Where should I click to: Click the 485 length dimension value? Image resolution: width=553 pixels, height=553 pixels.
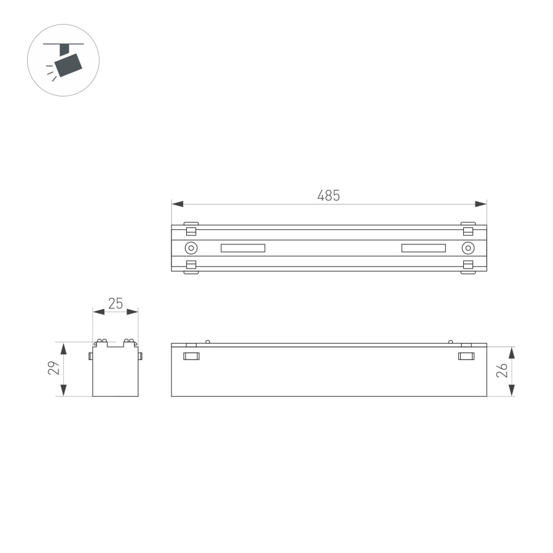(329, 195)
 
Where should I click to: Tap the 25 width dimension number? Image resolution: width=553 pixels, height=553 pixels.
(116, 303)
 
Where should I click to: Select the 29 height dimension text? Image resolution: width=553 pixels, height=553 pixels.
(54, 369)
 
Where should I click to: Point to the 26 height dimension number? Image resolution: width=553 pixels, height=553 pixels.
(502, 371)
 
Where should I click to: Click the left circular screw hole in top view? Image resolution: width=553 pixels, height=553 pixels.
(191, 248)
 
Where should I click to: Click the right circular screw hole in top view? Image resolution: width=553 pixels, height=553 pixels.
(468, 248)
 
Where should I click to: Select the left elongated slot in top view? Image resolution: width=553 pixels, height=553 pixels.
(243, 248)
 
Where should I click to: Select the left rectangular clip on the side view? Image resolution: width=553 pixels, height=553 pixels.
(191, 356)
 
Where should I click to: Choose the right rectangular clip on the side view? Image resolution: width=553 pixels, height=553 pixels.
(467, 356)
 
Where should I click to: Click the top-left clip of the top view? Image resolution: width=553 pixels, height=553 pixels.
(191, 229)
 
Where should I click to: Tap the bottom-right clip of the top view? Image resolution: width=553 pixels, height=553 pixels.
(468, 267)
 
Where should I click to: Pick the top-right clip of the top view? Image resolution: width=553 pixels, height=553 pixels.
(468, 229)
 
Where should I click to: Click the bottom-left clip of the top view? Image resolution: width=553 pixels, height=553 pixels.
(191, 267)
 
